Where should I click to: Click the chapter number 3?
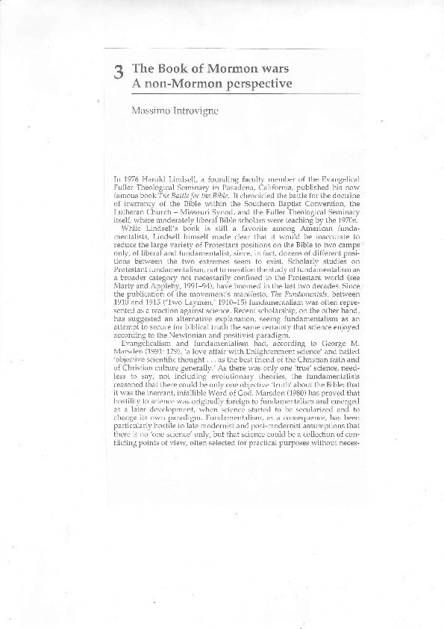pyautogui.click(x=119, y=72)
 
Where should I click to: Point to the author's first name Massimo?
pyautogui.click(x=146, y=111)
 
